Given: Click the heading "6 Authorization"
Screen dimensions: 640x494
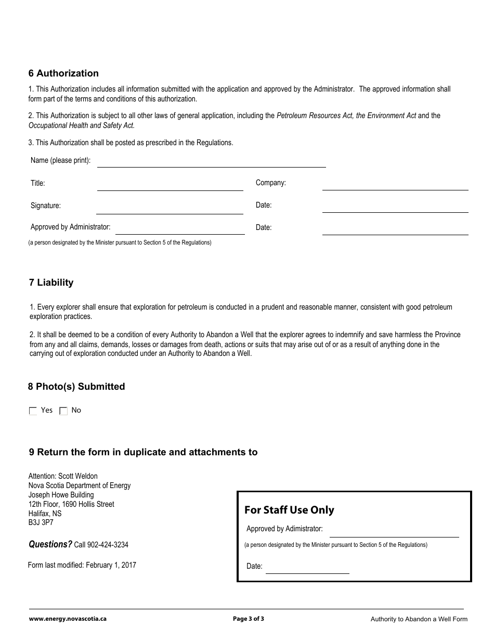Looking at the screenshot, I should (x=63, y=73).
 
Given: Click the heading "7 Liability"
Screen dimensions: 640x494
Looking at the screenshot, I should (x=51, y=283).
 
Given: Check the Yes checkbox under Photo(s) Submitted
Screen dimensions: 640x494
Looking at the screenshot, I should (x=33, y=411).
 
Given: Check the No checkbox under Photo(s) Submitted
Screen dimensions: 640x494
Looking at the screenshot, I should (x=63, y=411).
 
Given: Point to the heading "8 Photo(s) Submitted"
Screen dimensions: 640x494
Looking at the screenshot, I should (x=76, y=387).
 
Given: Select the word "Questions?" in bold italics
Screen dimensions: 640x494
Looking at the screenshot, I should (x=50, y=544).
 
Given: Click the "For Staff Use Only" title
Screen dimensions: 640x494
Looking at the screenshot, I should (x=289, y=510).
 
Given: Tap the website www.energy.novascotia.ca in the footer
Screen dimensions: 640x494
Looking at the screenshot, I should (x=68, y=619).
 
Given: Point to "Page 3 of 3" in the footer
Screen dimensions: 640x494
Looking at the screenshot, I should (x=249, y=619).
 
